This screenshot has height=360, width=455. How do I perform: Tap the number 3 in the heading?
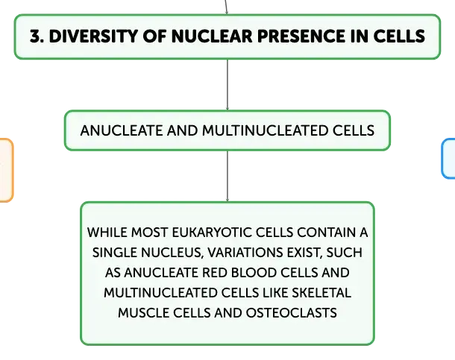coord(35,37)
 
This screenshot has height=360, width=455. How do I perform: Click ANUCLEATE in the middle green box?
coord(122,130)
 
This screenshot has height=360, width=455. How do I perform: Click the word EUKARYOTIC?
coord(212,233)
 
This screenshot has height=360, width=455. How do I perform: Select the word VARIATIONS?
coord(245,253)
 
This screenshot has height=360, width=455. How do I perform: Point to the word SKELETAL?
coord(321,293)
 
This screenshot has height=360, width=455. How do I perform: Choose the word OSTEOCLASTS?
coord(292,313)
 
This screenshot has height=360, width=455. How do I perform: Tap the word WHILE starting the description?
coord(107,233)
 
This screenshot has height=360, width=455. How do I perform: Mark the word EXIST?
coord(304,253)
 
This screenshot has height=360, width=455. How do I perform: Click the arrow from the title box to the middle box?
coord(228,85)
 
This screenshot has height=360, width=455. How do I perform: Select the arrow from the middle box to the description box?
coord(228,176)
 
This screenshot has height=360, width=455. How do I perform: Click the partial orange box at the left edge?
coord(6,170)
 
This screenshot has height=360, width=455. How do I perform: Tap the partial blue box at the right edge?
coord(448,159)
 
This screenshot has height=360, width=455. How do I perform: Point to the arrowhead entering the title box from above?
coord(227,13)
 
